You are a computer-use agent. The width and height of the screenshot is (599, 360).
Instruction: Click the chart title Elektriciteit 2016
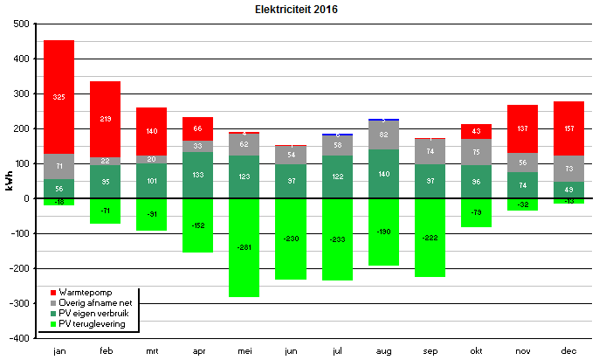coord(296,10)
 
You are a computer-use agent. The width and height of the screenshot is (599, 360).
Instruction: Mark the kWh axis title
coord(10,181)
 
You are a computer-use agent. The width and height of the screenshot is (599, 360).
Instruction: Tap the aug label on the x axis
coord(383,350)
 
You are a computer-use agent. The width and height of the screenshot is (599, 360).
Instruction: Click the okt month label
coord(476,350)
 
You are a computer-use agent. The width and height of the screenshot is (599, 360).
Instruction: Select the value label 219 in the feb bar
coord(105,118)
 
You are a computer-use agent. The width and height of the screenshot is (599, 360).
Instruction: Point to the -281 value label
coord(244,247)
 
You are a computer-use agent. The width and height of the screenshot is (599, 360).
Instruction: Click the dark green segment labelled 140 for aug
coord(383,174)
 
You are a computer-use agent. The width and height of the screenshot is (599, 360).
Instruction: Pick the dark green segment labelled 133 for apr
coord(197,175)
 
